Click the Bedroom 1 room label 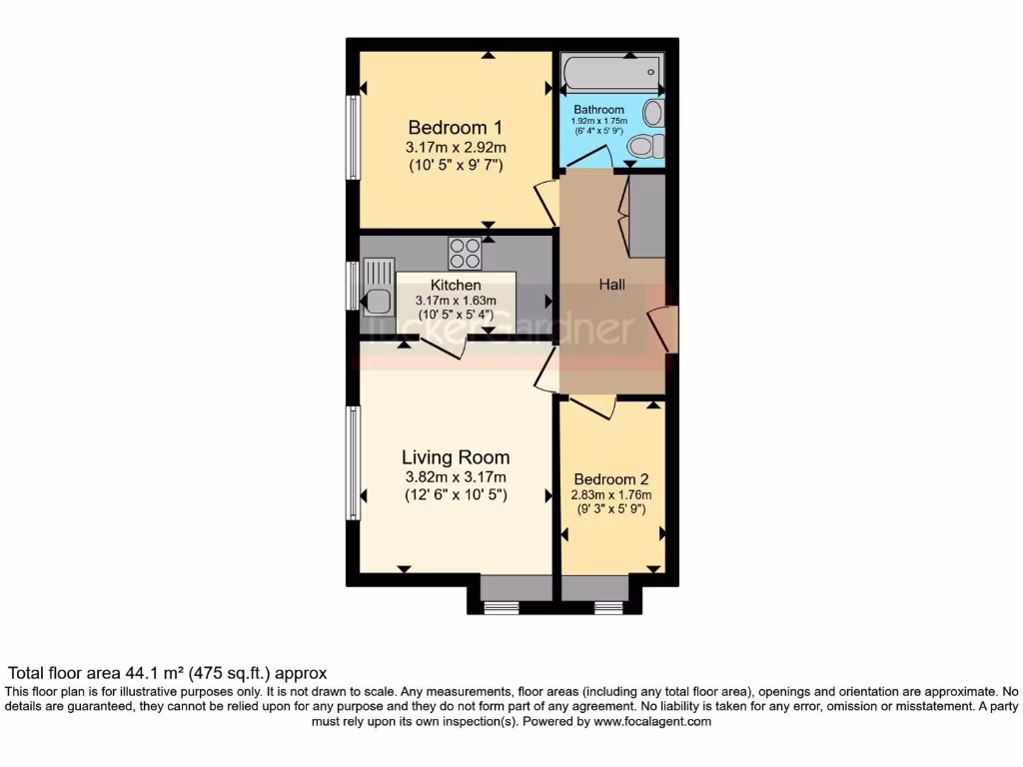pyautogui.click(x=455, y=128)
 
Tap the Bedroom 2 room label pyautogui.click(x=610, y=476)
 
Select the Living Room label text pyautogui.click(x=456, y=458)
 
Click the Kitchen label pyautogui.click(x=456, y=286)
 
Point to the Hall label pyautogui.click(x=612, y=285)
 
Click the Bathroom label pyautogui.click(x=598, y=110)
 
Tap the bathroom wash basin pyautogui.click(x=653, y=111)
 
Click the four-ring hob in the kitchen pyautogui.click(x=464, y=253)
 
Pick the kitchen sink pyautogui.click(x=380, y=284)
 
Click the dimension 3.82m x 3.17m pyautogui.click(x=456, y=477)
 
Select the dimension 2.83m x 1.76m pyautogui.click(x=610, y=494)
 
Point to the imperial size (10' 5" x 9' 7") pyautogui.click(x=456, y=166)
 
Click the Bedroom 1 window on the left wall pyautogui.click(x=353, y=137)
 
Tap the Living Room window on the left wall pyautogui.click(x=353, y=462)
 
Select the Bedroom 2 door pyautogui.click(x=591, y=406)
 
